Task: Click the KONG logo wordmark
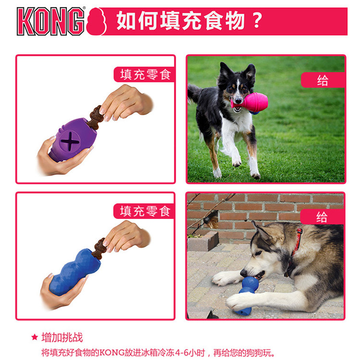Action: pos(51,21)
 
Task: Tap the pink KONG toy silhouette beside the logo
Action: pos(96,21)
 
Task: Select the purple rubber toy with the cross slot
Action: pos(73,140)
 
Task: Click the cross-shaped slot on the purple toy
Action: pos(70,142)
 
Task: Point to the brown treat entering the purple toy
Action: pos(95,118)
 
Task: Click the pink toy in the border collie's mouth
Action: pos(250,103)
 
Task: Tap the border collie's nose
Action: pos(238,101)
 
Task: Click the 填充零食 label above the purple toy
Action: pos(145,74)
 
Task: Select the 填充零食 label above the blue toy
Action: pos(145,211)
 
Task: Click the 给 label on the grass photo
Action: pos(323,80)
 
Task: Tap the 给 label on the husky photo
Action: pos(322,217)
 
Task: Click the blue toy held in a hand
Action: pos(74,272)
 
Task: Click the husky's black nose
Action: pos(243,273)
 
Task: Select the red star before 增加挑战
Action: pos(35,337)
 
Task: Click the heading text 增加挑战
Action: pos(62,337)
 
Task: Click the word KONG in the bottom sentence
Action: pos(112,352)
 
